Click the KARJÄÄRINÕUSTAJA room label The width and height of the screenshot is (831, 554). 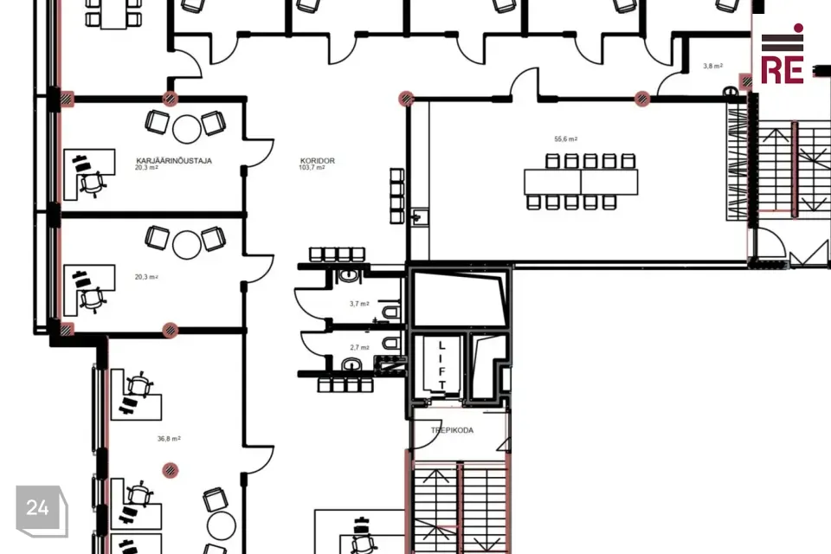pos(174,161)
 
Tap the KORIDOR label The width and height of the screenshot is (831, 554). pos(318,161)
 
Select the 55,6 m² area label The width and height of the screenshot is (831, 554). pos(566,138)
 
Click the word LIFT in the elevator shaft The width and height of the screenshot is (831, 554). pos(442,365)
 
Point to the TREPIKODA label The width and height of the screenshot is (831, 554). pos(452,430)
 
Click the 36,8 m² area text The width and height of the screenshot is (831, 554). pos(169,438)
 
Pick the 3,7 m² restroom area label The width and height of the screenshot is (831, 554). pos(359,304)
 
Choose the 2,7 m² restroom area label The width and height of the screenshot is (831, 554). pos(359,347)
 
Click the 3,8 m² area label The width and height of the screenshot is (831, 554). pos(712,67)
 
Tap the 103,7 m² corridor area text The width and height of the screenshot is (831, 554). pos(312,168)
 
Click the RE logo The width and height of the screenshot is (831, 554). pos(783,55)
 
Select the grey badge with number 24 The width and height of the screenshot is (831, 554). pos(42,510)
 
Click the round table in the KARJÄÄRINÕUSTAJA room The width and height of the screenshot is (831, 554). pos(187,129)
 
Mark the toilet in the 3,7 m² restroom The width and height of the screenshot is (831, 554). pos(391,312)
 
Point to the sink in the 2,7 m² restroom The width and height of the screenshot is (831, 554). pos(351,364)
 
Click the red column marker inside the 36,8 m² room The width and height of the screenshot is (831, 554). pos(171,470)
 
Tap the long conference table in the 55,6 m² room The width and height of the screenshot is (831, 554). pos(581,182)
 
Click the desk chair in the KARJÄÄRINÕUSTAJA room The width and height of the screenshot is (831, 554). pos(93,184)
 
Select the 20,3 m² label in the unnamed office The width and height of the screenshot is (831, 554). pos(146,277)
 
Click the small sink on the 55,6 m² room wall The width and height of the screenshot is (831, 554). pos(420,216)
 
